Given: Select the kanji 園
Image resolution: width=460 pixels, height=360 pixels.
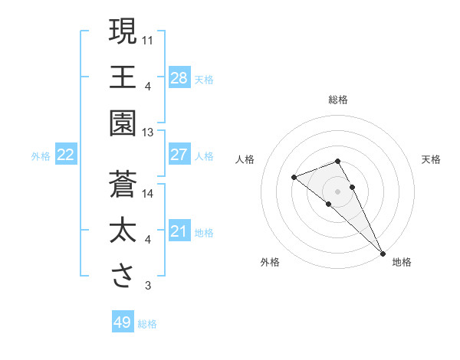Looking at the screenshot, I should (123, 122).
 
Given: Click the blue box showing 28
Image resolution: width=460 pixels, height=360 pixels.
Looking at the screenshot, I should (179, 77).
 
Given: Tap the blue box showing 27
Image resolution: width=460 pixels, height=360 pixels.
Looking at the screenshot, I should (179, 155).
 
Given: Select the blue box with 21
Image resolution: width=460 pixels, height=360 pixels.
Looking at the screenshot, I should (179, 231).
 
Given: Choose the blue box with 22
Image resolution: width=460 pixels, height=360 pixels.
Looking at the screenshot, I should (66, 155).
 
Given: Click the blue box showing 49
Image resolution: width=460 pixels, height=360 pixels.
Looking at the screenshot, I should (123, 322).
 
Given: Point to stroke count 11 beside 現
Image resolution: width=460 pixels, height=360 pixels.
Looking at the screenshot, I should (148, 39).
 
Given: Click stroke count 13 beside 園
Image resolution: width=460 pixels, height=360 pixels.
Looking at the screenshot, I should (148, 132).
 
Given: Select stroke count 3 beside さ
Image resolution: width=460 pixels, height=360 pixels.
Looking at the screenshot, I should (148, 286).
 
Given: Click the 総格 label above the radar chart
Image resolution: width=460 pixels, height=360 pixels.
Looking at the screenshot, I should (338, 100).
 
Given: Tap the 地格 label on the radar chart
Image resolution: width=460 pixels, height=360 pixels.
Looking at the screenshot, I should (402, 263).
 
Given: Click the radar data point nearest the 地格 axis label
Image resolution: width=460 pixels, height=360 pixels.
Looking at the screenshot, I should (382, 252).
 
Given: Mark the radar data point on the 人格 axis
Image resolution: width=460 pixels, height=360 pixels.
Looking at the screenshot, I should (294, 178).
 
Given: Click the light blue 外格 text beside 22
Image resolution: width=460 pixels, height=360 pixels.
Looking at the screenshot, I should (41, 156).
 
